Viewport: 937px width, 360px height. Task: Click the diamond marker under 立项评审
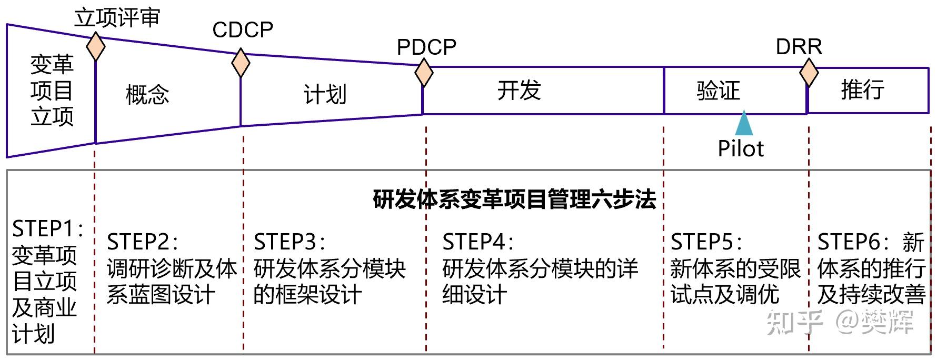coord(95,47)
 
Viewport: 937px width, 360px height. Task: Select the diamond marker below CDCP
coord(241,63)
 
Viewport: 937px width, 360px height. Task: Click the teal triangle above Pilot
coord(743,123)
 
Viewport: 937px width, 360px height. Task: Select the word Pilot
coord(740,148)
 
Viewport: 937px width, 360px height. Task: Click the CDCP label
coord(243,30)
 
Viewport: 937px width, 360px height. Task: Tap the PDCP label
coord(426,47)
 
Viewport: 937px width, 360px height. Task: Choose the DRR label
coord(799,47)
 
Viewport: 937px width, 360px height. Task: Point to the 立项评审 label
coord(117,18)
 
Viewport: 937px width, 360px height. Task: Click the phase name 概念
coord(147,95)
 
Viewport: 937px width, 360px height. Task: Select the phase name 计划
coord(325,95)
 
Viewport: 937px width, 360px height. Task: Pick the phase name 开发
coord(519,90)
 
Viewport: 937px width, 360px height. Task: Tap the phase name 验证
coord(718,90)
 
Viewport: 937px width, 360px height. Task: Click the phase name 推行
coord(862,89)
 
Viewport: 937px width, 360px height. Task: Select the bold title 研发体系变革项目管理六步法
coord(514,199)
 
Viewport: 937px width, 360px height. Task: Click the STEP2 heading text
coord(142,242)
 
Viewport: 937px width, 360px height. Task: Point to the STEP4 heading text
coord(477,242)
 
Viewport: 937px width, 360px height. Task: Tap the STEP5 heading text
coord(706,242)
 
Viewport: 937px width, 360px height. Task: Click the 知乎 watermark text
coord(794,322)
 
